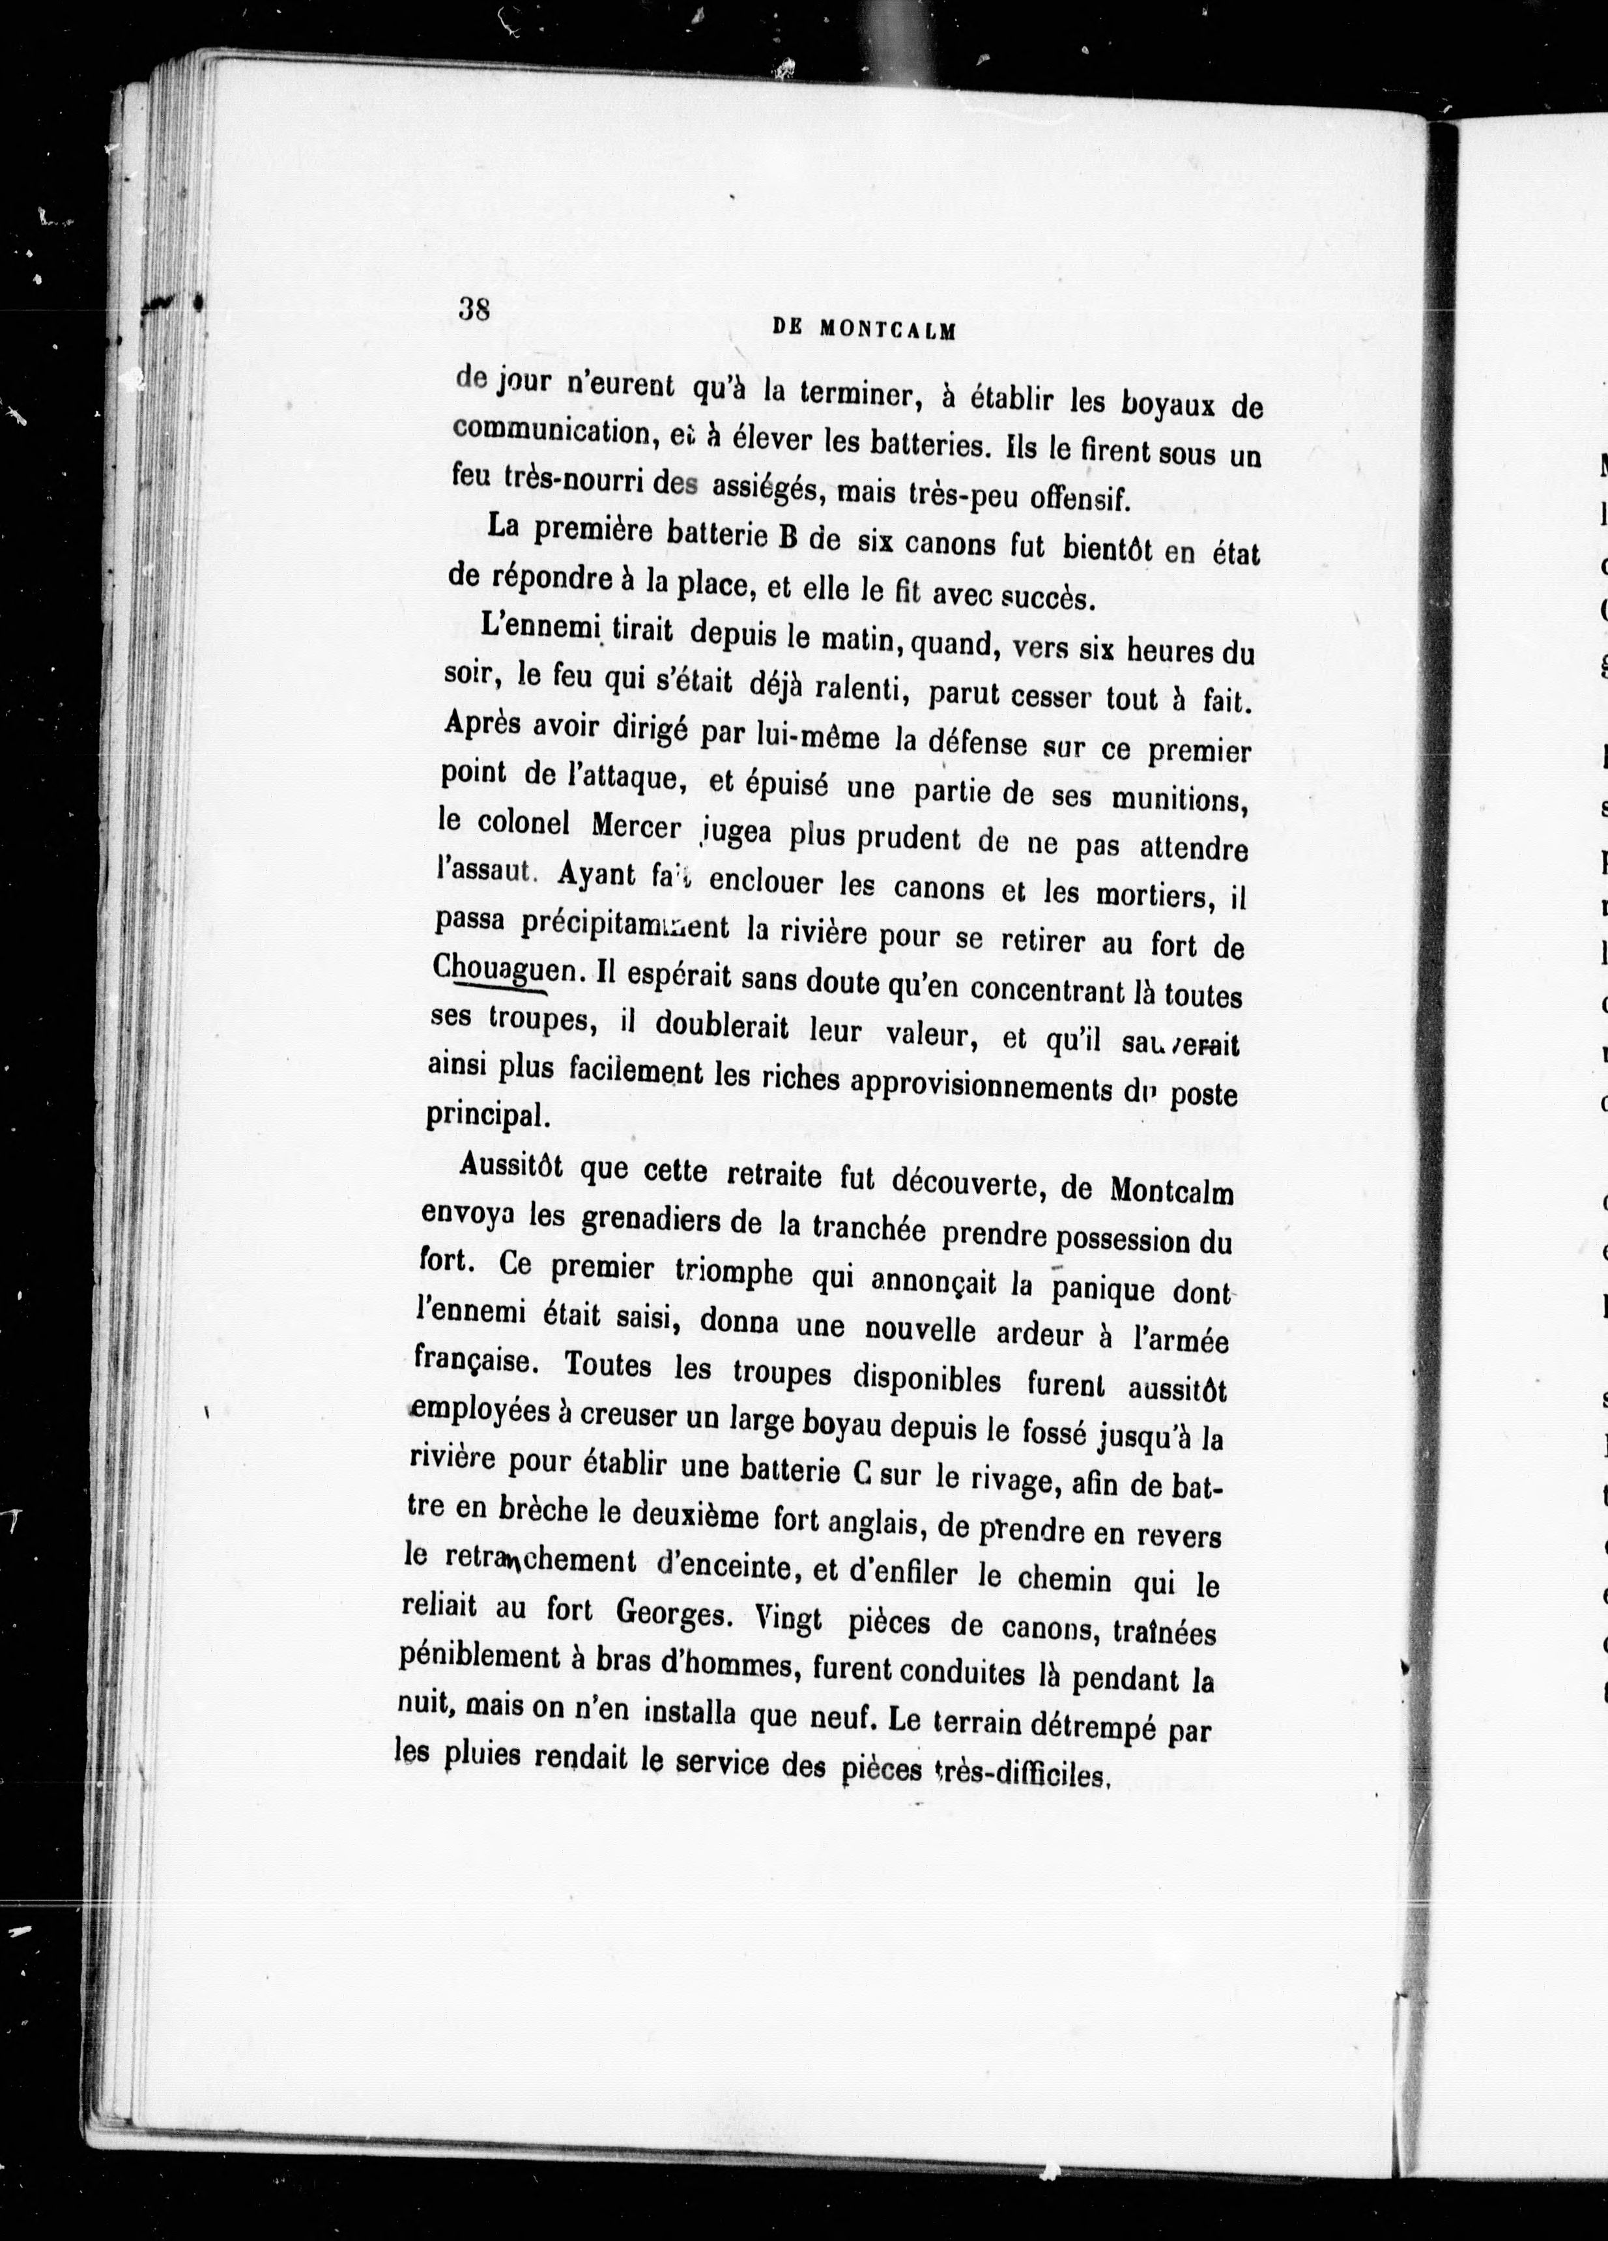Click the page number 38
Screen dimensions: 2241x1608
(x=474, y=309)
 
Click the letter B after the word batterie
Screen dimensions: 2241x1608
(x=788, y=539)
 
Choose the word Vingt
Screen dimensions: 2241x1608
(x=788, y=1618)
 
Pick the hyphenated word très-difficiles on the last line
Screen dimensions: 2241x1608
(x=1024, y=1777)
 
